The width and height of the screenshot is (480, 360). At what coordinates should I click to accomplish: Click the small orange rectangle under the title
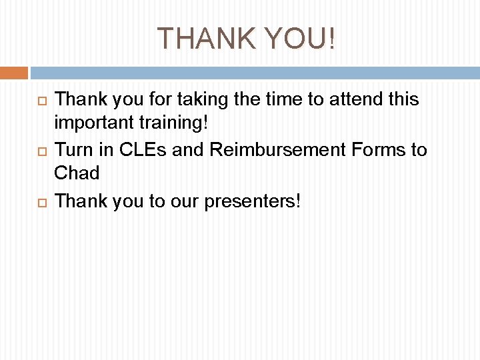[13, 73]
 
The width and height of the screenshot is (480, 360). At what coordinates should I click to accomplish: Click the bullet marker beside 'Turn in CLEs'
[40, 151]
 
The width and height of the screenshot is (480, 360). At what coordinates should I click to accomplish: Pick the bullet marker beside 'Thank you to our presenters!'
[40, 201]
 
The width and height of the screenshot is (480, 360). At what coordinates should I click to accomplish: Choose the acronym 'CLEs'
[143, 150]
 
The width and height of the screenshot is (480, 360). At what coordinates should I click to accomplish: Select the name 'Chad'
[77, 173]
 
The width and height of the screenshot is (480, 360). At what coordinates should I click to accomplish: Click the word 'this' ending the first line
[403, 100]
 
